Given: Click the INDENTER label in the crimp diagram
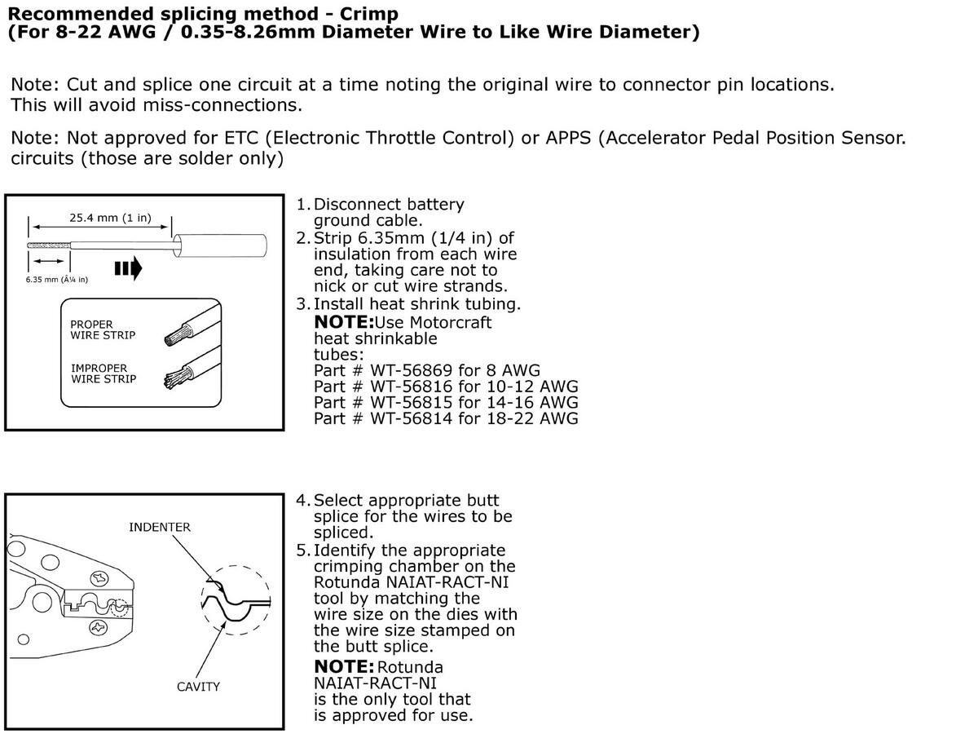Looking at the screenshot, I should pos(160,527).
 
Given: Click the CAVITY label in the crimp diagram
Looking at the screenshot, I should pos(198,687).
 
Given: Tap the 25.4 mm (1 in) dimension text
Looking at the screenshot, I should pos(110,218).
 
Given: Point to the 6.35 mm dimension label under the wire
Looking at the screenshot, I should pos(56,280).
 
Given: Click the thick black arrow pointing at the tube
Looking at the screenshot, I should pos(129,269).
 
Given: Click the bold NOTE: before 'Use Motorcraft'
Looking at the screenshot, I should pos(343,322).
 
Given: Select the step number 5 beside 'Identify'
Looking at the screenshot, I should pos(301,550).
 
